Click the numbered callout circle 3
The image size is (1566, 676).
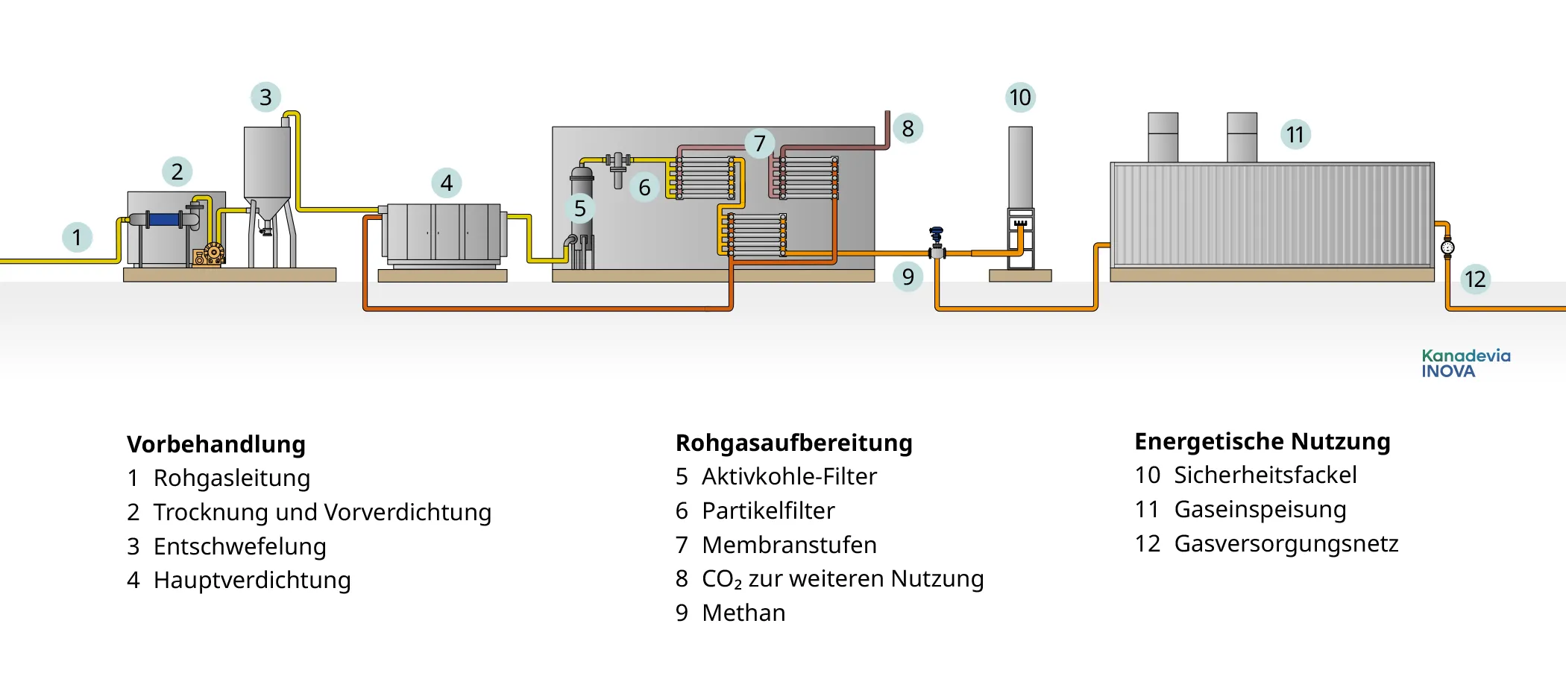click(x=265, y=97)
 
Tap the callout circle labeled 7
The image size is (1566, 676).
click(x=759, y=143)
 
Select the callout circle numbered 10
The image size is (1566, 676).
click(x=1019, y=98)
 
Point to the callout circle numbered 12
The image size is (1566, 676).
click(x=1474, y=279)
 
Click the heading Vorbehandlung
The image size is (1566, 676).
click(x=216, y=444)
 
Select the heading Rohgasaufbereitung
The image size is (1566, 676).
click(x=793, y=443)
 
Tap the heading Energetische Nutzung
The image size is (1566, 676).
click(x=1262, y=441)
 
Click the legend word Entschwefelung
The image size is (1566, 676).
click(x=239, y=546)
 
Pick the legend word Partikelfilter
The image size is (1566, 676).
click(x=768, y=511)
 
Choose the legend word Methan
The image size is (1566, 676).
click(x=743, y=613)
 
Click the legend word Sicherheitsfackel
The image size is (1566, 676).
click(x=1265, y=475)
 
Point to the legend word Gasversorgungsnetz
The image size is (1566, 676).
click(x=1286, y=543)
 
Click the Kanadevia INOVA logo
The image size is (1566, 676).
click(x=1465, y=363)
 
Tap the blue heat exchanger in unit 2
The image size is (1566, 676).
click(x=164, y=219)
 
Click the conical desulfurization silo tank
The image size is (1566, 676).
click(x=267, y=168)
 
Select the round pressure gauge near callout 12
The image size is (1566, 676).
click(x=1447, y=247)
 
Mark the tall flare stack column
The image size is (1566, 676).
click(x=1020, y=168)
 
